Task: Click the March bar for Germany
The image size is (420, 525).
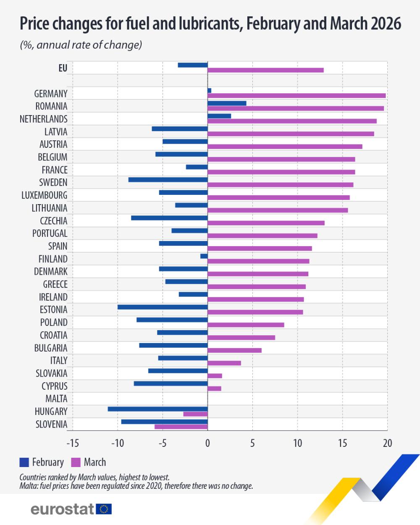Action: pyautogui.click(x=297, y=96)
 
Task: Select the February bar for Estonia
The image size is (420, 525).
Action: pyautogui.click(x=163, y=307)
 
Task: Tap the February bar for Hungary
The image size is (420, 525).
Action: pyautogui.click(x=157, y=409)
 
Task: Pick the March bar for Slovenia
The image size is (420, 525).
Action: pyautogui.click(x=181, y=427)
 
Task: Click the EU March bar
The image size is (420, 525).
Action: pyautogui.click(x=265, y=70)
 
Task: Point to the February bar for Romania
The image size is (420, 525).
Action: pyautogui.click(x=227, y=103)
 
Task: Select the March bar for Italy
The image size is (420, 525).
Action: pyautogui.click(x=224, y=363)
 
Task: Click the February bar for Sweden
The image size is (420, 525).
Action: pyautogui.click(x=168, y=180)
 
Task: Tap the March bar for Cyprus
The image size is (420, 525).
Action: pyautogui.click(x=214, y=388)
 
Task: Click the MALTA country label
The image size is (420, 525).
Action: pyautogui.click(x=56, y=399)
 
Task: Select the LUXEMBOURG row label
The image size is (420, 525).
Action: pyautogui.click(x=44, y=195)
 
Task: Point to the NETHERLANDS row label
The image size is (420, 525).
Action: pyautogui.click(x=43, y=119)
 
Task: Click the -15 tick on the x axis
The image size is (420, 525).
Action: pyautogui.click(x=73, y=443)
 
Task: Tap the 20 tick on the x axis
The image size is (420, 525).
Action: pyautogui.click(x=387, y=443)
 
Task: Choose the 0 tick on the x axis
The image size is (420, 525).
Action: pyautogui.click(x=207, y=443)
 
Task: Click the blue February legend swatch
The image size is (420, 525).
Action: pyautogui.click(x=24, y=462)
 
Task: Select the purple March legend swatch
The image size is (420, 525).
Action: pyautogui.click(x=76, y=462)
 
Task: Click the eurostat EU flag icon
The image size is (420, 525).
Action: pyautogui.click(x=104, y=509)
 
